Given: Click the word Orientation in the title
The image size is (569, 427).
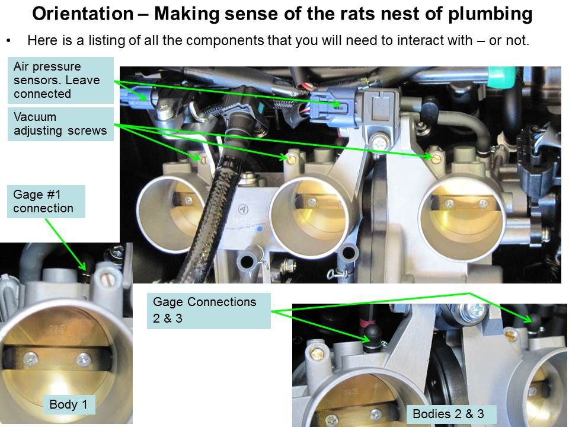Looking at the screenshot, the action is point(83,14).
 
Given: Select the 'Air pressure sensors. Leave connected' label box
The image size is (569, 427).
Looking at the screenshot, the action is point(60,80).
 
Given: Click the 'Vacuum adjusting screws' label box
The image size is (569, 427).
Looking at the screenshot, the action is point(60,124).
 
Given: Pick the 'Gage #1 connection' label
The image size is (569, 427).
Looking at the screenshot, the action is point(46,202).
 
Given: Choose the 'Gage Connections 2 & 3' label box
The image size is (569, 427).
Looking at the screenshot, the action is point(209,311).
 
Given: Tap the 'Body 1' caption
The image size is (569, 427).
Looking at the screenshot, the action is point(69,404).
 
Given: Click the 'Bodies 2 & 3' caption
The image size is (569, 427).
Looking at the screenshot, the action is point(448,414).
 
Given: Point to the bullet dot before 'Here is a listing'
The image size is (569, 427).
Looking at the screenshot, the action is point(8,41).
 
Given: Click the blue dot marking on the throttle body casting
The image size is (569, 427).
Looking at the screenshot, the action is point(260,229).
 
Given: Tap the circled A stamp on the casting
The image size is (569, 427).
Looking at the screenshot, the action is point(243,209).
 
